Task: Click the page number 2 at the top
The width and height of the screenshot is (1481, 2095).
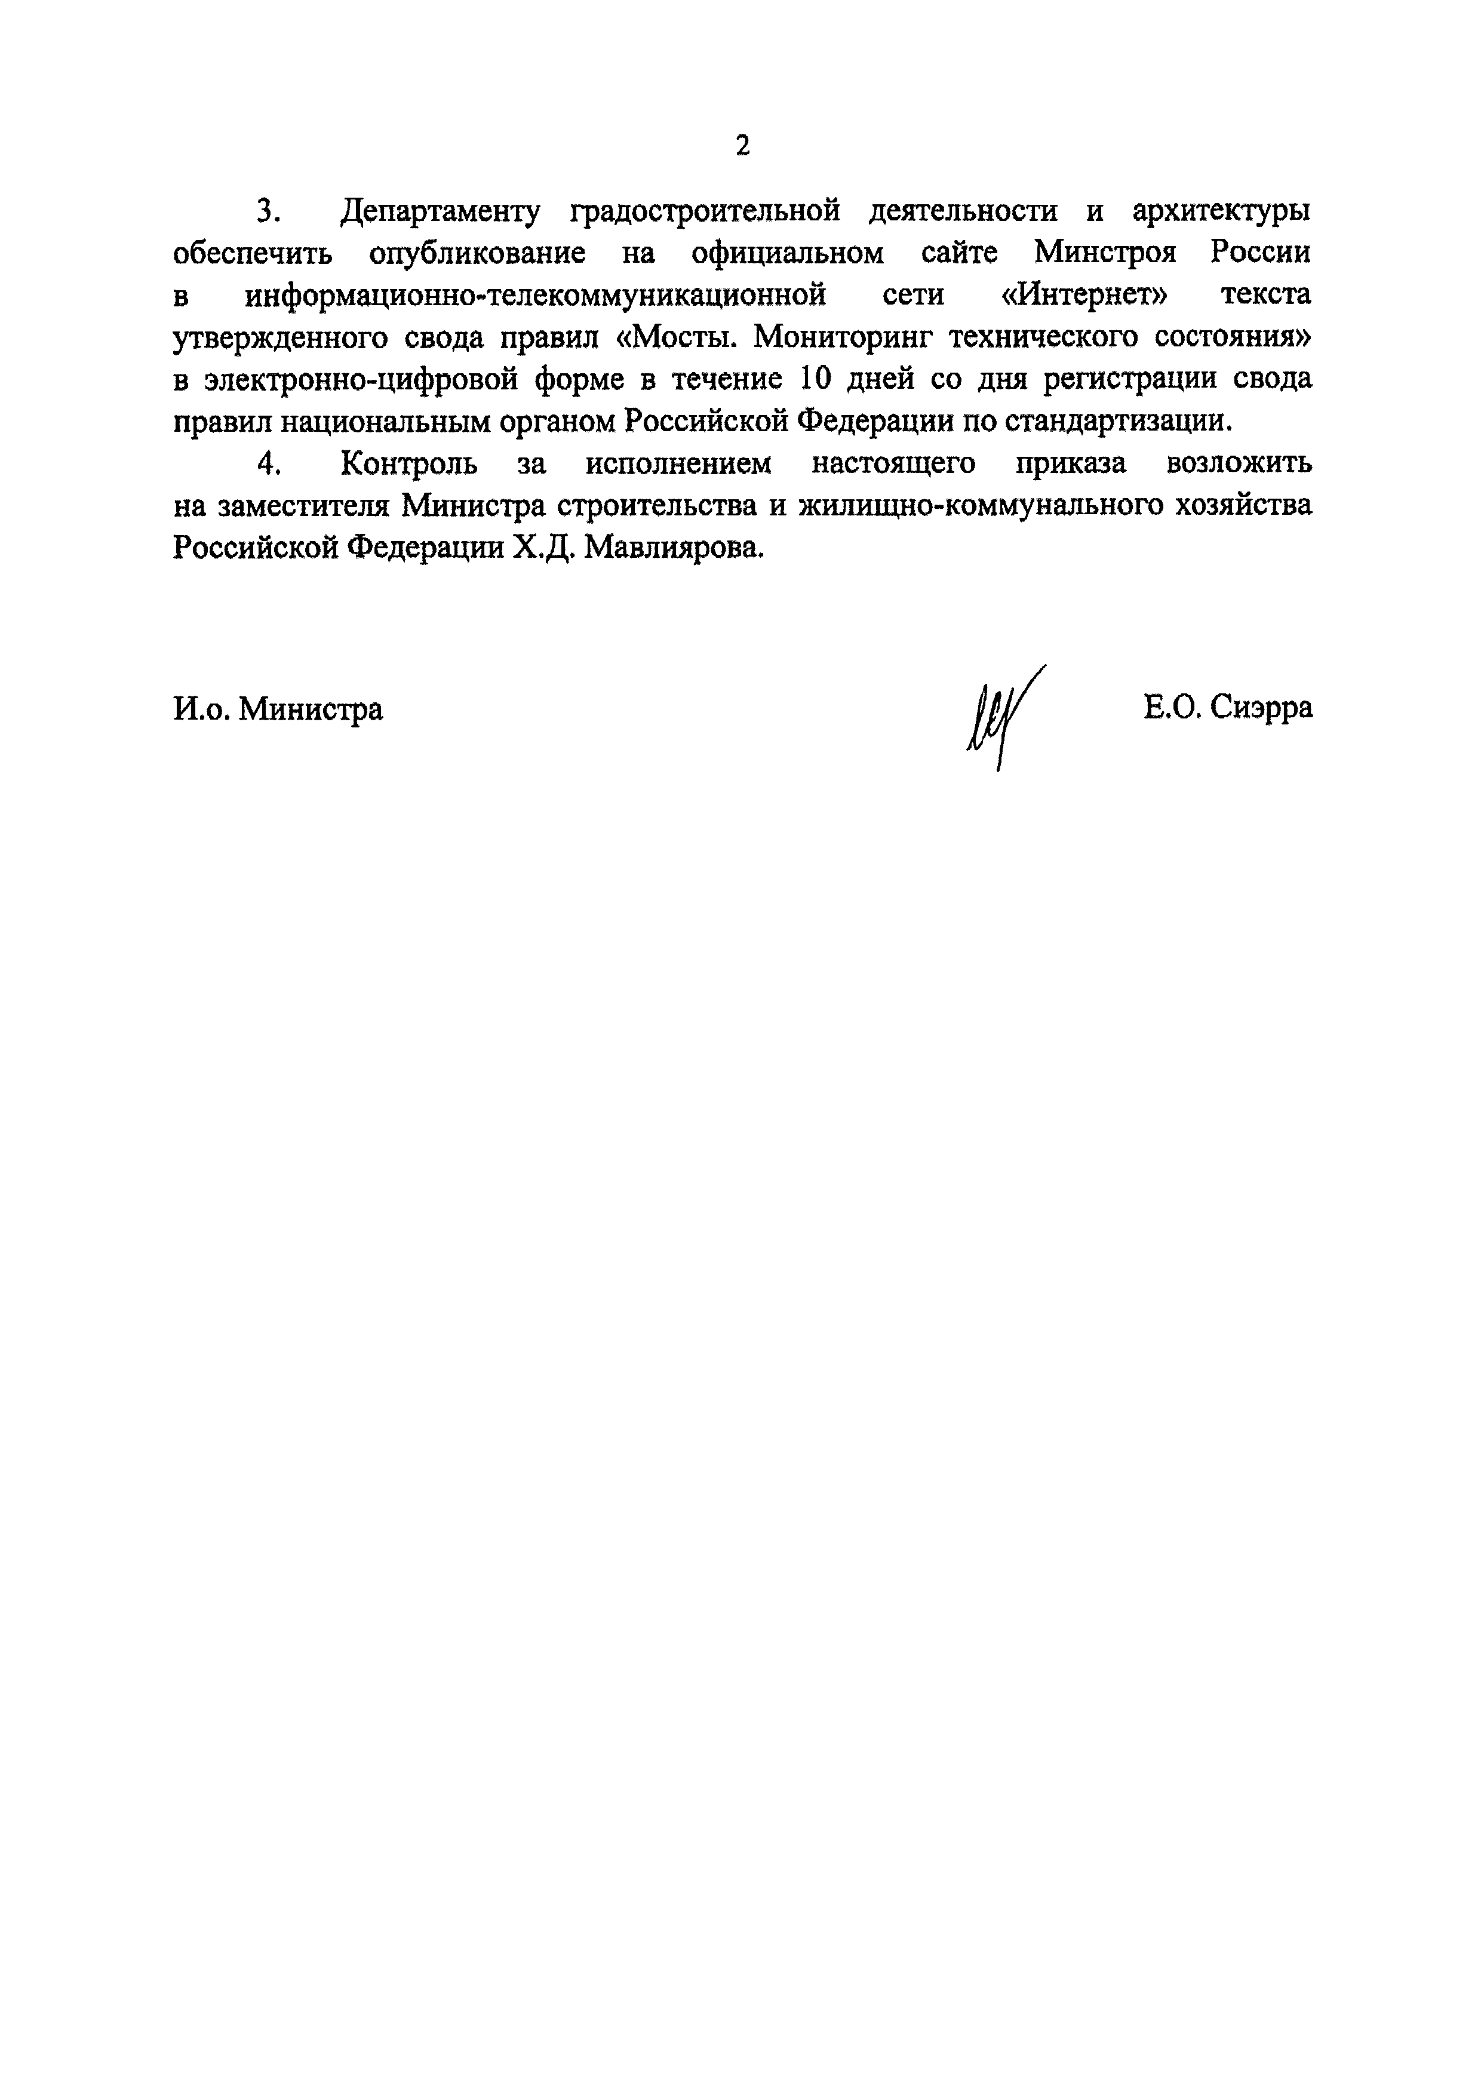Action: click(x=742, y=145)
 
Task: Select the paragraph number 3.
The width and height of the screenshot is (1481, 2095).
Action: click(x=266, y=211)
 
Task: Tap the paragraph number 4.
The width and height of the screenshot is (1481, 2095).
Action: click(x=266, y=463)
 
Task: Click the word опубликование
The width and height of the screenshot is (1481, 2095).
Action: click(x=477, y=254)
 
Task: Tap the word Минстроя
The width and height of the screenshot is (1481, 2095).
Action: click(x=1105, y=254)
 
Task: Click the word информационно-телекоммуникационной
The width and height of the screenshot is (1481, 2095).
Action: click(x=536, y=296)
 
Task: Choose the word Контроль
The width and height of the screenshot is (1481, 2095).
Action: click(x=409, y=463)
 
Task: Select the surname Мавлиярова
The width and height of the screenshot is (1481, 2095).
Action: click(x=672, y=548)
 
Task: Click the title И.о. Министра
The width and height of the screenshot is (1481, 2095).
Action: click(x=278, y=708)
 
